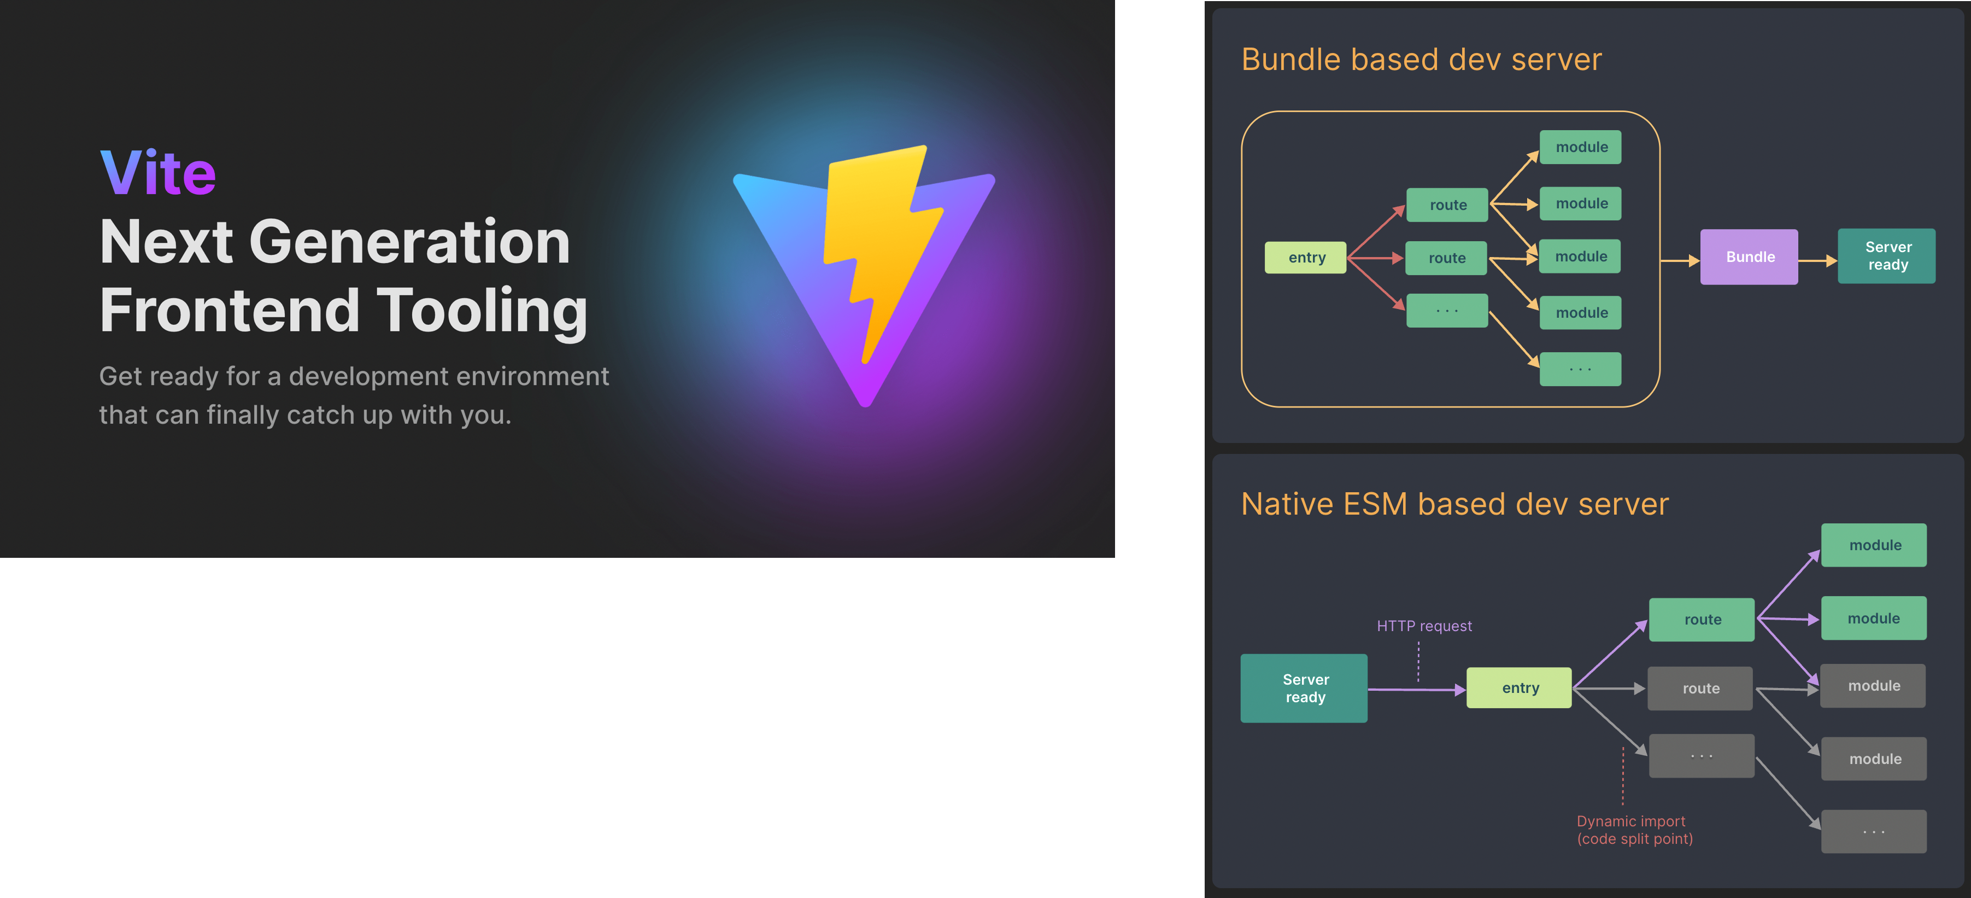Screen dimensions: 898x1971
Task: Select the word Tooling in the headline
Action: coord(482,311)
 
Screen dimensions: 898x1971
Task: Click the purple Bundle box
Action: coord(1749,257)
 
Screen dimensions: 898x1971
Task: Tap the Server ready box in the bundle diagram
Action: coord(1887,256)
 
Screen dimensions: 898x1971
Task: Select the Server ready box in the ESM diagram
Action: coord(1304,688)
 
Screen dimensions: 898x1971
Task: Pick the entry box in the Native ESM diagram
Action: coord(1519,688)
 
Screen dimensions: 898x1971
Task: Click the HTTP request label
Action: coord(1424,626)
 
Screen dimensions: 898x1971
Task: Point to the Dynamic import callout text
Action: coord(1634,830)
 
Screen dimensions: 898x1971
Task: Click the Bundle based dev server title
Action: coord(1421,60)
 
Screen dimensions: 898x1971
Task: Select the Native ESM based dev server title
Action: coord(1454,504)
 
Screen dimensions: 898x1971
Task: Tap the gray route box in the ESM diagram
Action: coord(1700,688)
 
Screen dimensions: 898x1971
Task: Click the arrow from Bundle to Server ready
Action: coord(1817,261)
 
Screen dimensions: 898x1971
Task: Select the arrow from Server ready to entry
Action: coord(1416,690)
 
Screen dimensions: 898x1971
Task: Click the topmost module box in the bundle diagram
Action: coord(1581,147)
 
